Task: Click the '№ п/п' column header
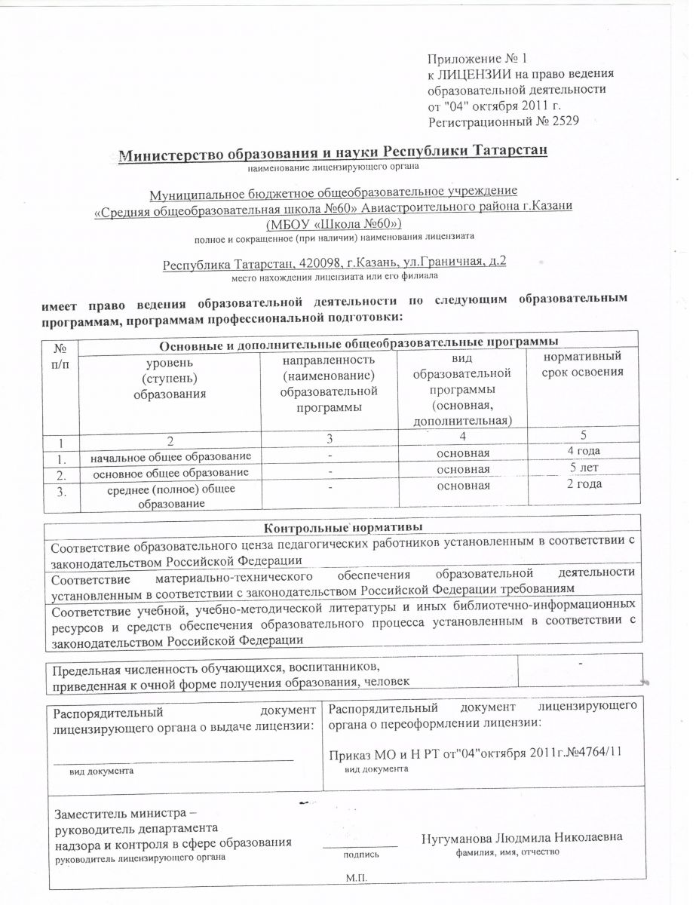[60, 357]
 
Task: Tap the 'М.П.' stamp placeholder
[355, 879]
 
